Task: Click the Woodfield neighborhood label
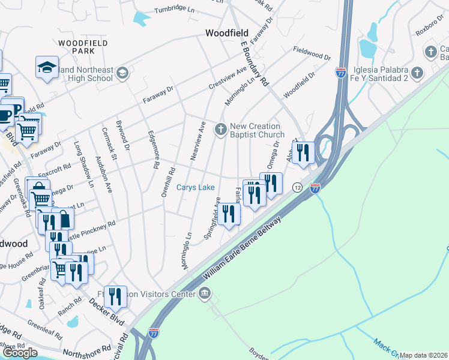[229, 34]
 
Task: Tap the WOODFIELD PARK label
[83, 48]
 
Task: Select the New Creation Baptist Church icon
[221, 127]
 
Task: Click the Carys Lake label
[195, 188]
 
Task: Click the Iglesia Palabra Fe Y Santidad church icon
[418, 73]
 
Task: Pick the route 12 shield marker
[297, 188]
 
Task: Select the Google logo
[20, 352]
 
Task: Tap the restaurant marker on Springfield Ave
[228, 214]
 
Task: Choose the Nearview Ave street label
[199, 140]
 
